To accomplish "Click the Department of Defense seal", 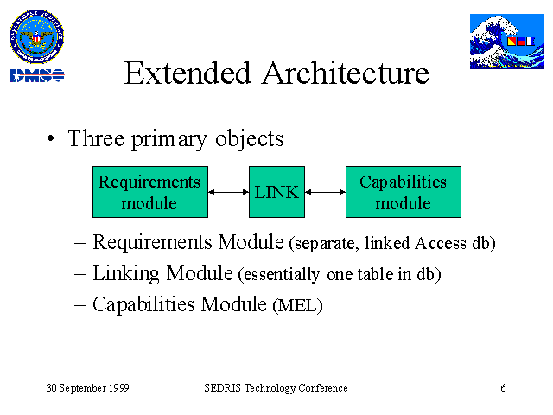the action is tap(36, 36).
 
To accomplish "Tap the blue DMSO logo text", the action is tap(36, 75).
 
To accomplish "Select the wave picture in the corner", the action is tap(507, 41).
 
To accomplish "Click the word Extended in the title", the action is tap(188, 73).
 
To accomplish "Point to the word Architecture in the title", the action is tap(346, 73).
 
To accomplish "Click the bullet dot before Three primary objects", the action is tap(51, 138).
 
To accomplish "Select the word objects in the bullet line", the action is tap(250, 138).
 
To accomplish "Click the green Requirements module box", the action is tap(150, 192).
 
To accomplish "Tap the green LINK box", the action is tap(276, 192).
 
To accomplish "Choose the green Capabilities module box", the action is tap(404, 192).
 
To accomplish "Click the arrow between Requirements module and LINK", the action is tap(228, 192).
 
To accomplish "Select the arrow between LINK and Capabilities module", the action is tap(325, 192).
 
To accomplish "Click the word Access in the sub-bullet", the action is tap(441, 243).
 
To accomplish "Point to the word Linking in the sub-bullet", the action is tap(126, 274).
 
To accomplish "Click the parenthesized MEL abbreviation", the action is tap(297, 305).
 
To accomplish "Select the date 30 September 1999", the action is tap(88, 388).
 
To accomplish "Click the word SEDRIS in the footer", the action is tap(223, 388).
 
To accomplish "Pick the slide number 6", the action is tap(503, 388).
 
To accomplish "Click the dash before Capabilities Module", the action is tap(80, 305).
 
